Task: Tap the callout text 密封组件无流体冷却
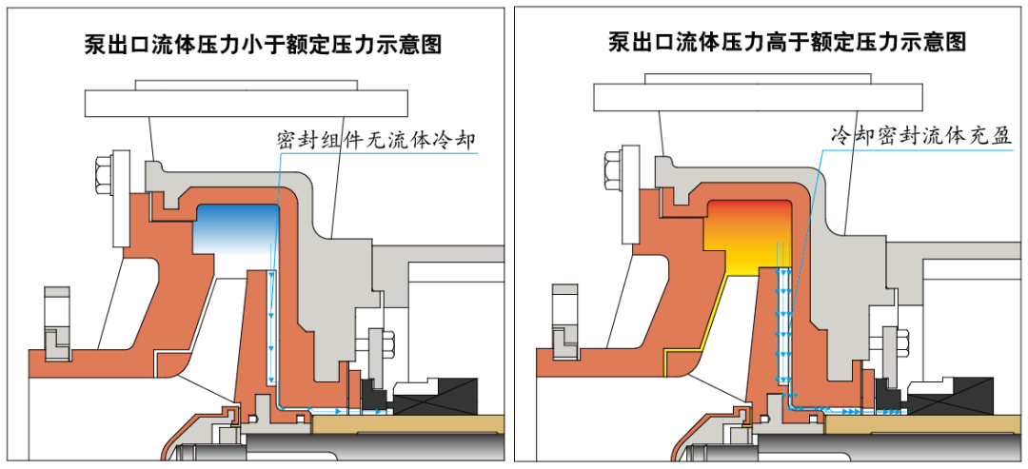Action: [x=375, y=141]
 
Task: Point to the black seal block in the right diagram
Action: [x=953, y=393]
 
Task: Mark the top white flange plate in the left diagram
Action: [x=247, y=100]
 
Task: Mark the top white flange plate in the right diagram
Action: [x=757, y=96]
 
